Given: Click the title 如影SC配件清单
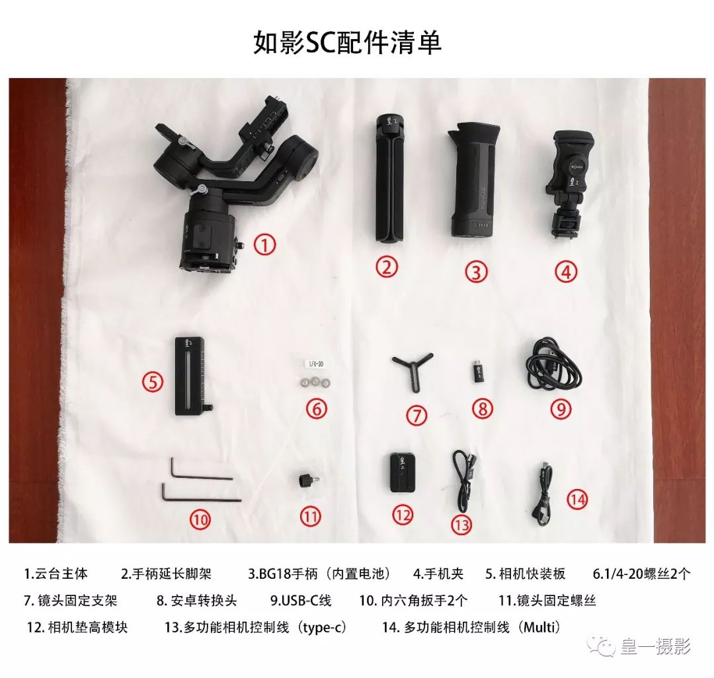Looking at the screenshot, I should click(347, 42).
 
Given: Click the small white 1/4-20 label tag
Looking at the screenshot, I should click(317, 363).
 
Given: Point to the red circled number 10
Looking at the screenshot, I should click(200, 520).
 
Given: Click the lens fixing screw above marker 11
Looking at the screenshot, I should click(308, 479).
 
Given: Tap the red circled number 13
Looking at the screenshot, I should click(461, 525).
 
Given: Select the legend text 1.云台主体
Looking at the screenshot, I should click(56, 574).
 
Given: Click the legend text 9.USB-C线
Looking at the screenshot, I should click(300, 600).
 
